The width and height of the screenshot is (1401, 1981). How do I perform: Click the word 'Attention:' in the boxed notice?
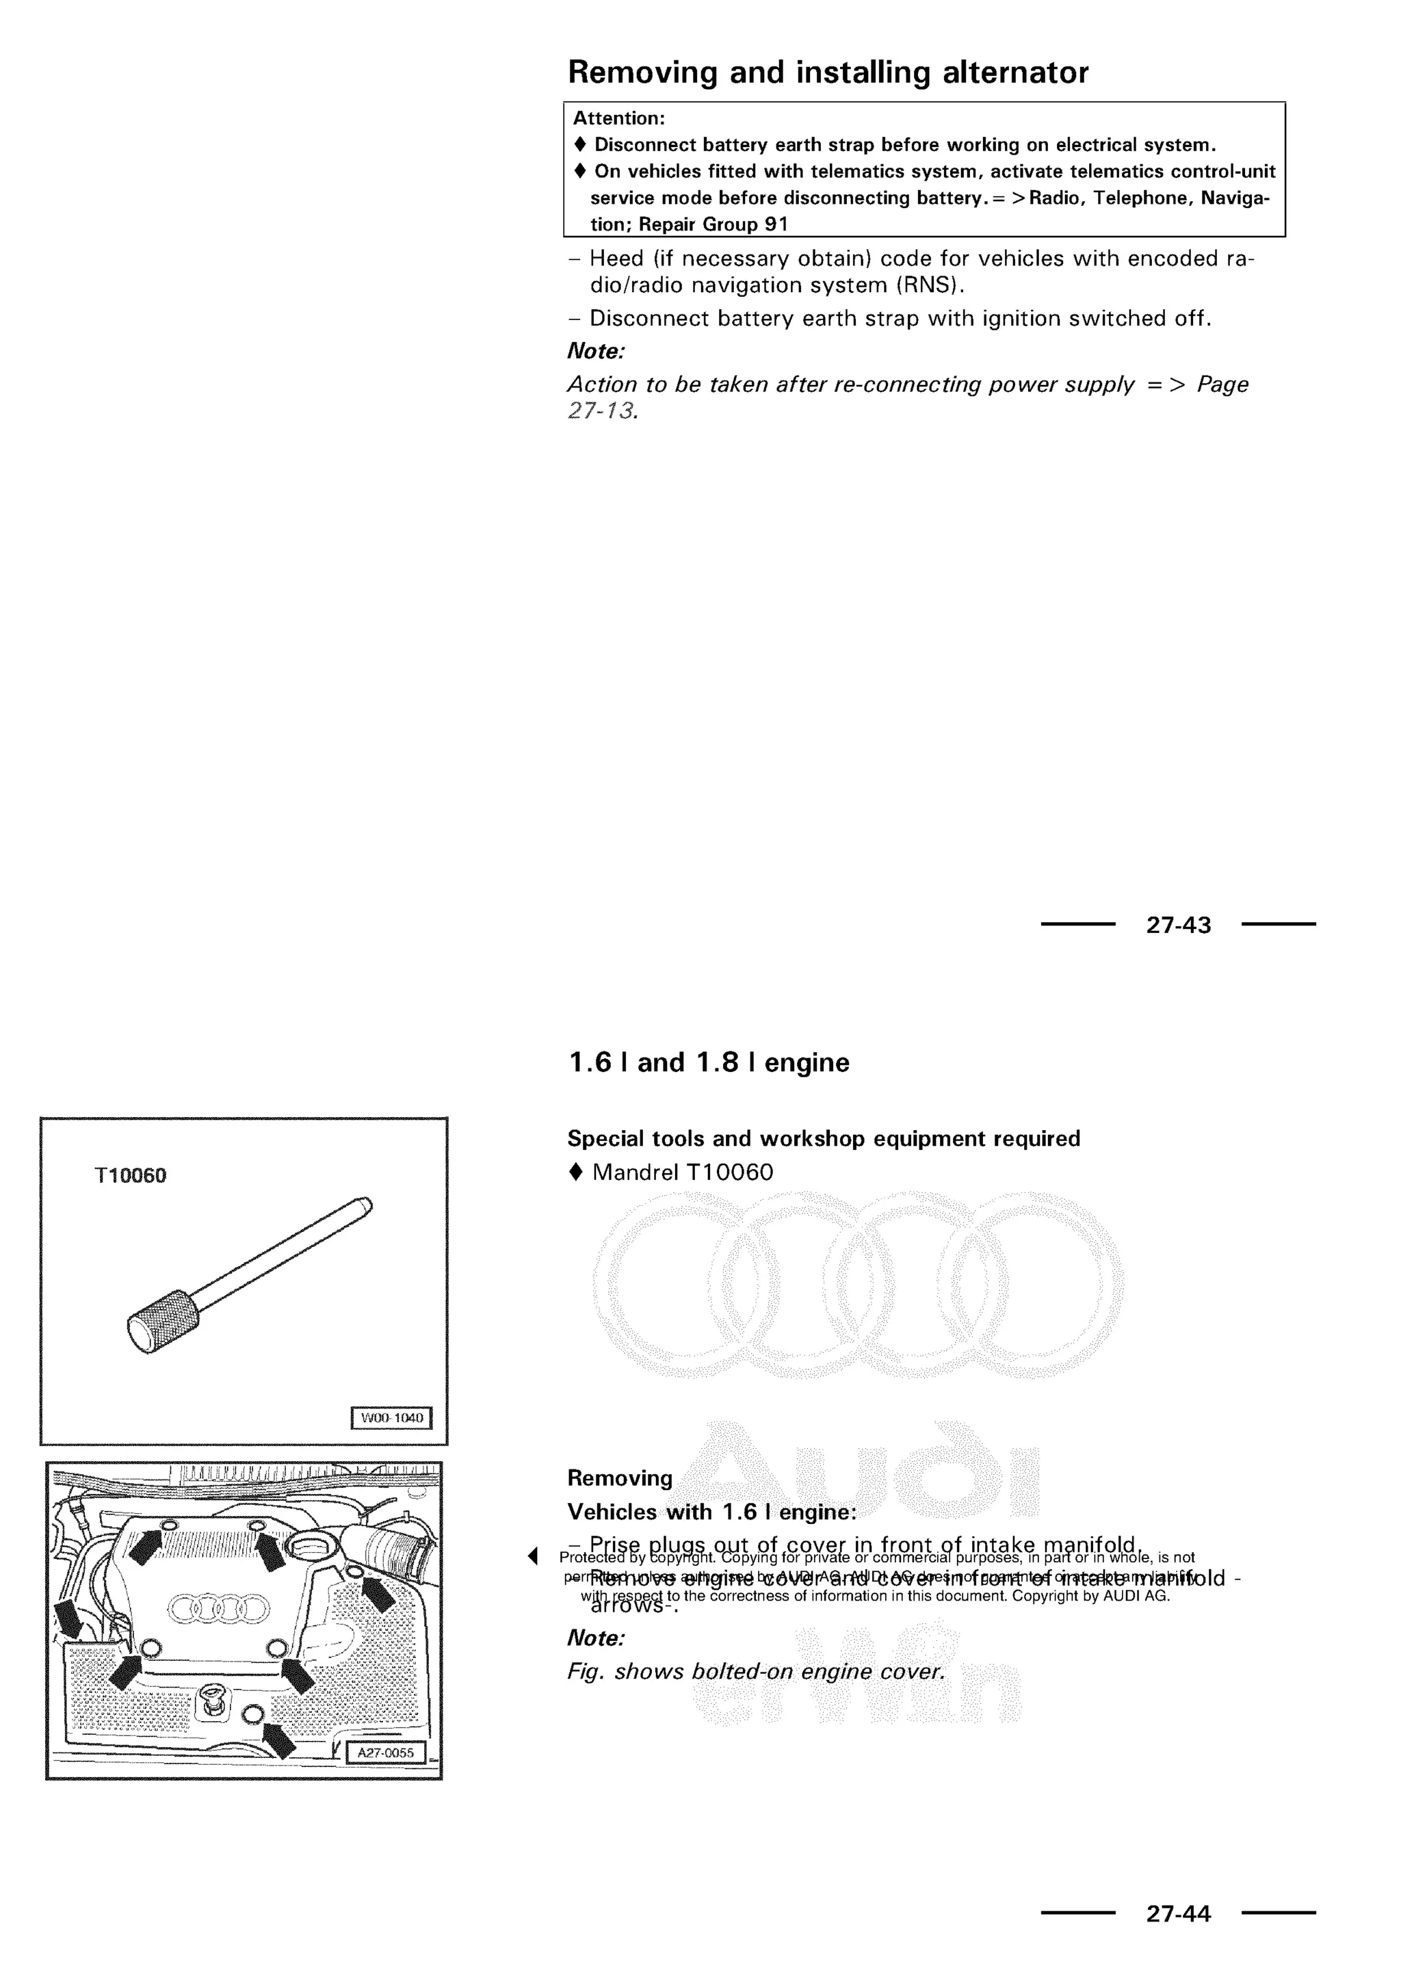(618, 118)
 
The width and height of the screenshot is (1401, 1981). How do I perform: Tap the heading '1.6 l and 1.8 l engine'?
(708, 1062)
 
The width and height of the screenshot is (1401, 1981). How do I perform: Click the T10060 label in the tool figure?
(130, 1175)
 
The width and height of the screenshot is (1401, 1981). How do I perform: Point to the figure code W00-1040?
(392, 1417)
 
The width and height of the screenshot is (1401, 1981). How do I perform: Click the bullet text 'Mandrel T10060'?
(683, 1172)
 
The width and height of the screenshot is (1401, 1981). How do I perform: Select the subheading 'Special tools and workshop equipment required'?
(823, 1138)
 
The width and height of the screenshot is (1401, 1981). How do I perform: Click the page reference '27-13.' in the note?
(602, 410)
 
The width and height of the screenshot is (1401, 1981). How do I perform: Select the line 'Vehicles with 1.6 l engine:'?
(711, 1512)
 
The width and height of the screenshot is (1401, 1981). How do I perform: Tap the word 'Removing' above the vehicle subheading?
(619, 1478)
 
